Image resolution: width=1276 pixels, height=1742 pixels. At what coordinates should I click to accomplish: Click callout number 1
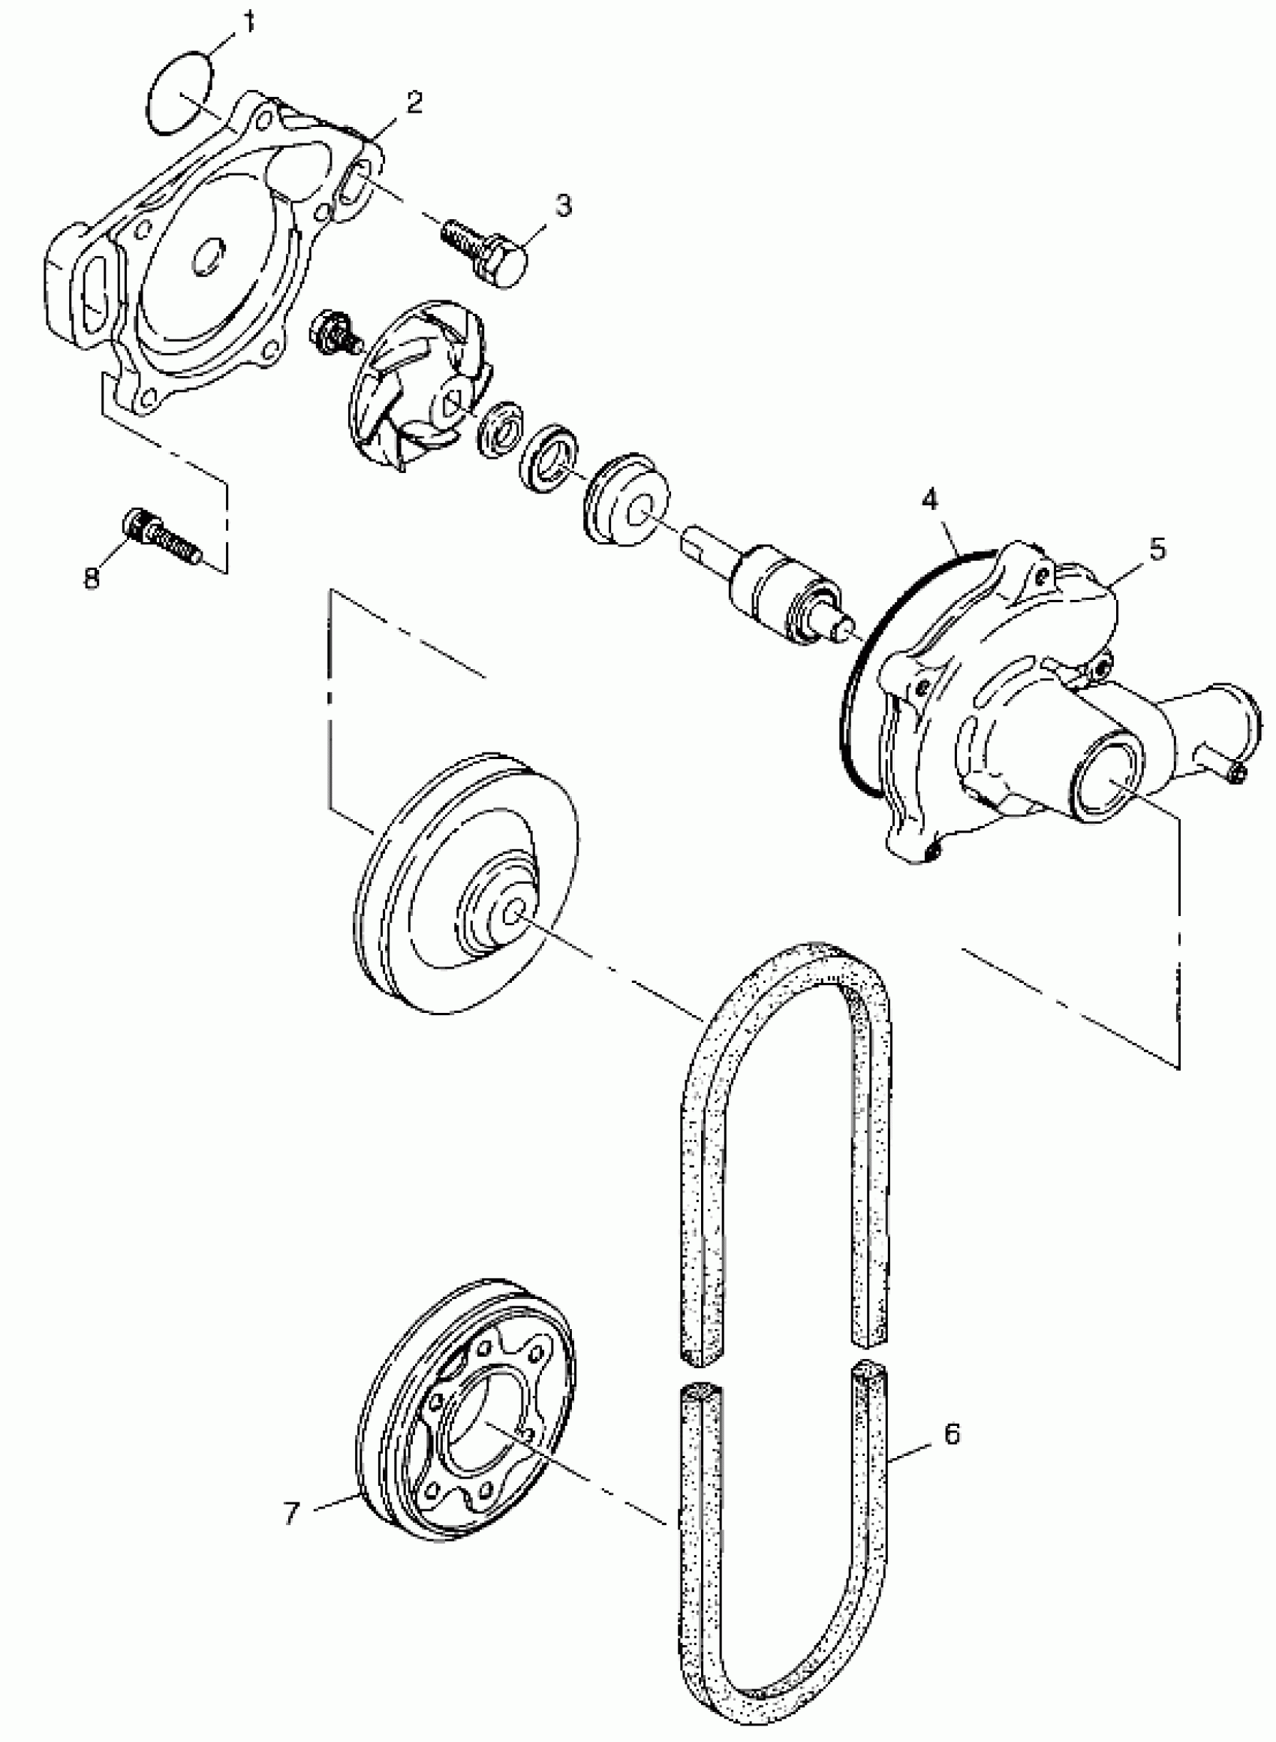point(248,23)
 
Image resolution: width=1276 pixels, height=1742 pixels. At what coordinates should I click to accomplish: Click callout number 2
point(415,103)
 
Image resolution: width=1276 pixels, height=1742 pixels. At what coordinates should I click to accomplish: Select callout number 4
point(930,501)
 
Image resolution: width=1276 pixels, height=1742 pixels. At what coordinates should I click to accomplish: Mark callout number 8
point(92,577)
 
